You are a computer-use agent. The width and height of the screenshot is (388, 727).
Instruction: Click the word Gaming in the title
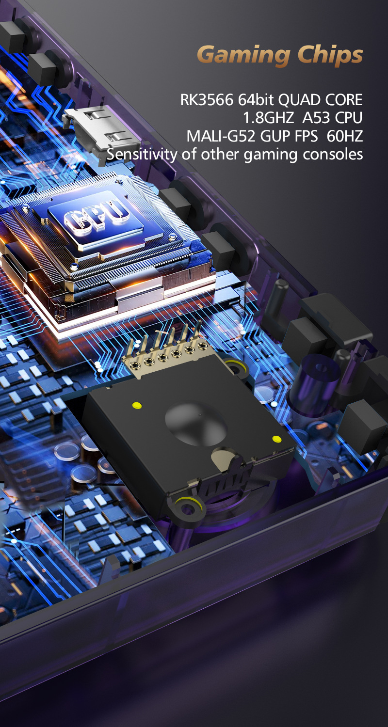[x=243, y=55]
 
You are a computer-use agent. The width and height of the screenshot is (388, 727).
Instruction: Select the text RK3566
[x=207, y=100]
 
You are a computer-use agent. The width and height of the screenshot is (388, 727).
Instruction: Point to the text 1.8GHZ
[x=269, y=118]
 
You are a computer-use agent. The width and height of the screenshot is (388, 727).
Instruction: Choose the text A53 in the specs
[x=314, y=118]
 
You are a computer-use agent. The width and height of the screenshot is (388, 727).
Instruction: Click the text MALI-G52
[x=221, y=136]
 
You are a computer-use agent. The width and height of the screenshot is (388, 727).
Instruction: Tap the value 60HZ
[x=345, y=136]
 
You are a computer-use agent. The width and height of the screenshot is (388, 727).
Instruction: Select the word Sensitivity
[x=142, y=154]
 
